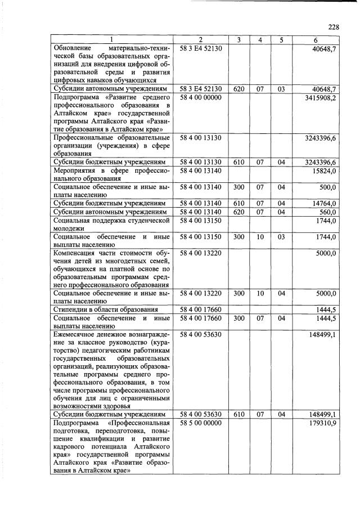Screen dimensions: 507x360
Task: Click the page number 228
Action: pyautogui.click(x=334, y=26)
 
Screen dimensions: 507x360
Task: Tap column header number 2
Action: pyautogui.click(x=201, y=40)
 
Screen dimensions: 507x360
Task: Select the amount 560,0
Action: pyautogui.click(x=327, y=212)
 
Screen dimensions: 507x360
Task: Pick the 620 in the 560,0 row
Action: pyautogui.click(x=238, y=212)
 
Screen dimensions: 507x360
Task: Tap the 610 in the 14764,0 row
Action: pyautogui.click(x=238, y=203)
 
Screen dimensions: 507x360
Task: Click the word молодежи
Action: pyautogui.click(x=69, y=228)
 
